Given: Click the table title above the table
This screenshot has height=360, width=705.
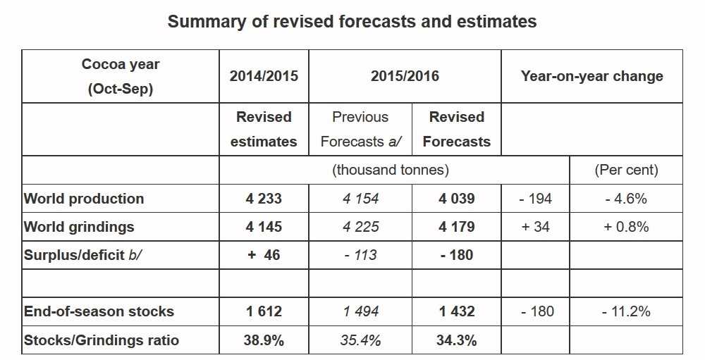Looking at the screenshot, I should click(352, 22).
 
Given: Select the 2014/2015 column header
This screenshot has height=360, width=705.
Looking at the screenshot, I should click(264, 76).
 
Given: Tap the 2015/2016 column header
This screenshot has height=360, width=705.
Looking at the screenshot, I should click(405, 76).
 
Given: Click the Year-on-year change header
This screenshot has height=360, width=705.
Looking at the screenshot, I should click(591, 76).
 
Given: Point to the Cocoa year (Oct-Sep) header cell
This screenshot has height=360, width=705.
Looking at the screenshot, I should click(121, 76).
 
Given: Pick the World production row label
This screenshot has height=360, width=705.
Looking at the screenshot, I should click(84, 199).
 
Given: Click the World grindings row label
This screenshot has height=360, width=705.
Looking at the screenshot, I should click(79, 227).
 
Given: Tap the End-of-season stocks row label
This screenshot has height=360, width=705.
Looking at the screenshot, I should click(99, 311).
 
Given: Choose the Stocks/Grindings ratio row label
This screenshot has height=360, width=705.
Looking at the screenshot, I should click(102, 340).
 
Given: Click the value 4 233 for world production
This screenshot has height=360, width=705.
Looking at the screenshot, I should click(264, 199).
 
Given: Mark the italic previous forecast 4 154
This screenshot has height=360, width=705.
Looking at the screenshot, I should click(360, 199).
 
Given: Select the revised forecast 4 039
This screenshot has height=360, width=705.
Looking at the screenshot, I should click(456, 199).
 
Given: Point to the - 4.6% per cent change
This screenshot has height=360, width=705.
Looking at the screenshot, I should click(625, 199).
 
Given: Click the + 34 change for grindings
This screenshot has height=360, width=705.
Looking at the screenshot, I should click(535, 227).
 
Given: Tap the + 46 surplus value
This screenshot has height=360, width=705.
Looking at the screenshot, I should click(264, 255).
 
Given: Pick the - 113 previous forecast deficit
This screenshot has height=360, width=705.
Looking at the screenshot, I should click(360, 255).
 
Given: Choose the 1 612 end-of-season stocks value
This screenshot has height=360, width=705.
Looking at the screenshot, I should click(264, 311).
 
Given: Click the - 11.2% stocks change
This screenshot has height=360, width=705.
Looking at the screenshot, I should click(625, 311).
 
